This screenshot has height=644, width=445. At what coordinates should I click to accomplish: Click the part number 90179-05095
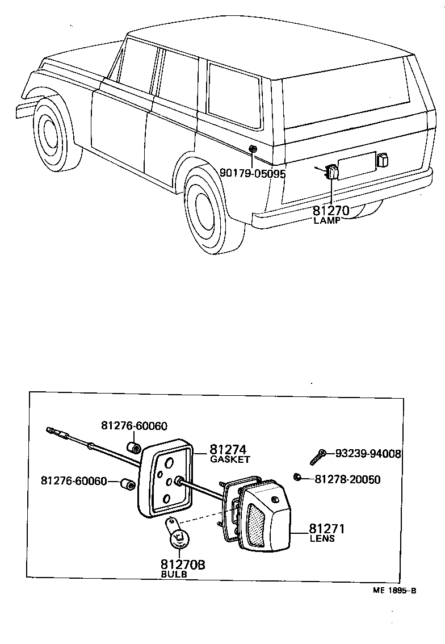pos(253,174)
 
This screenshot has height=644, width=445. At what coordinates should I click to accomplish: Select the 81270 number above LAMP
pos(331,211)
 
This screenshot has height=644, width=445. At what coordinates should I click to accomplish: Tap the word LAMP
pos(326,220)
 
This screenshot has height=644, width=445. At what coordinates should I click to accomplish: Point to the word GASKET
pos(230,459)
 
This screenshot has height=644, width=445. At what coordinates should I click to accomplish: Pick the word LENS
pos(322,538)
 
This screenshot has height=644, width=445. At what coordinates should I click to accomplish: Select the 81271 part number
pos(327,529)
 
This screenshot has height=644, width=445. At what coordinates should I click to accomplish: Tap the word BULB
pos(173,574)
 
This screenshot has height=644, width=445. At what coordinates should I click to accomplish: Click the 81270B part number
pos(182,564)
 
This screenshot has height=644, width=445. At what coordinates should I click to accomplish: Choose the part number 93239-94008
pos(368,454)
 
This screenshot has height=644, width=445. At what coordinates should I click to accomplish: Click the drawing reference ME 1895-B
pos(394,590)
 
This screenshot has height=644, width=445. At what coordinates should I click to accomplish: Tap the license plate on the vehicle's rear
pos(356,165)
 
